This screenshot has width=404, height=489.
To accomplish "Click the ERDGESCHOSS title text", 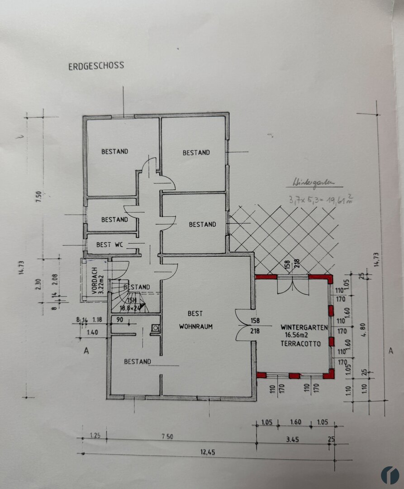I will pos(96,66).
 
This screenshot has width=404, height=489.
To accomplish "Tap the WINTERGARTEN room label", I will pos(304,327).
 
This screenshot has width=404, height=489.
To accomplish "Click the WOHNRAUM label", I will pos(195,326).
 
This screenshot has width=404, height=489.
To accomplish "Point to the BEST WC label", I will pos(109,245).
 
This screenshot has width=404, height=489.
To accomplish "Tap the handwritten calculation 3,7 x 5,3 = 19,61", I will pos(320,199).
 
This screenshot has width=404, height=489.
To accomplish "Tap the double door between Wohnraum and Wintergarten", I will pos(243,325).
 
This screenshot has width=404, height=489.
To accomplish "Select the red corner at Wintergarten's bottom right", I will pos(329,374).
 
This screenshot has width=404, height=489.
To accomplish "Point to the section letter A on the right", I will pos(391,350).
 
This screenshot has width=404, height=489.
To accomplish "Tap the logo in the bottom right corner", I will pos(390,475).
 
